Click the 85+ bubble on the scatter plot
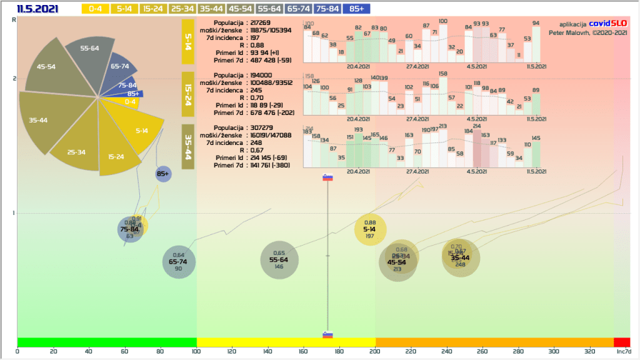point(164,174)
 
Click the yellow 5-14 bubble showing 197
point(370,229)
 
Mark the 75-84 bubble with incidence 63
point(131,229)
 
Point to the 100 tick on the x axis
point(197,352)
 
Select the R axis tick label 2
point(14,79)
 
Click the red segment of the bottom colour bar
point(622,342)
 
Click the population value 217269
point(261,22)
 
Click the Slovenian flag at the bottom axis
point(328,335)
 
